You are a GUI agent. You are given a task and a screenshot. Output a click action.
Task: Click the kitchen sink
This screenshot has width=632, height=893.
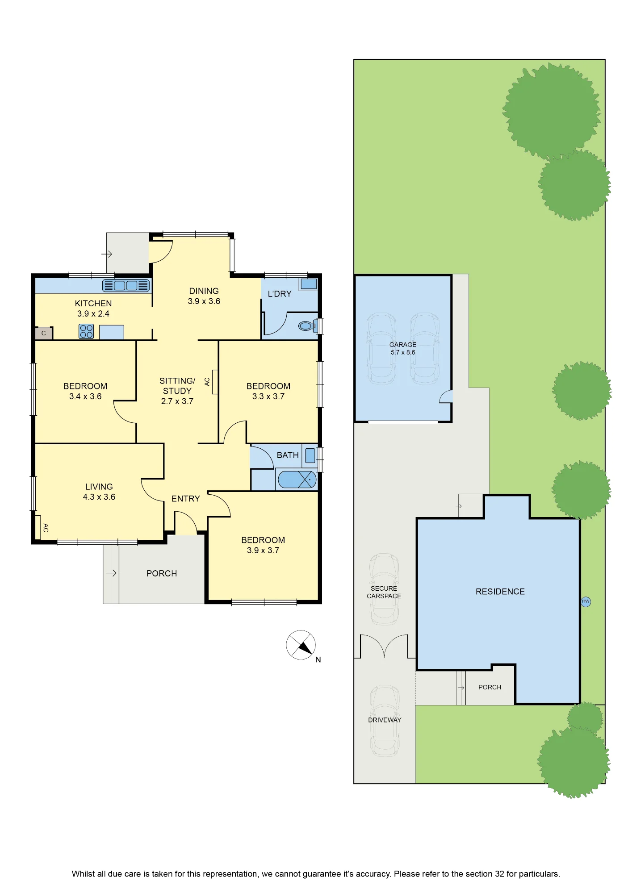[x=126, y=285]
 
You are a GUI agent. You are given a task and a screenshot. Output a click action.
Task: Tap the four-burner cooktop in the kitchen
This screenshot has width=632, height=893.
[x=87, y=331]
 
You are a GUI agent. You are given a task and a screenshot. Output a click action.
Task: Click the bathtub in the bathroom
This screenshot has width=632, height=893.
[x=297, y=480]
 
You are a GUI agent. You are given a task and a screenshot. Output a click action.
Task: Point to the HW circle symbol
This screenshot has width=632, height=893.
[x=586, y=601]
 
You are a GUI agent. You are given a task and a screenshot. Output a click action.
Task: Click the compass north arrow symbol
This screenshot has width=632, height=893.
[x=301, y=645]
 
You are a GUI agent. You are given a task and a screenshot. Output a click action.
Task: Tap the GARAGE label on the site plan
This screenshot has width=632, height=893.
[x=403, y=345]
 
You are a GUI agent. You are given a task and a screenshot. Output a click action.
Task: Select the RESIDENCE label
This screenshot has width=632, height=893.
[x=500, y=592]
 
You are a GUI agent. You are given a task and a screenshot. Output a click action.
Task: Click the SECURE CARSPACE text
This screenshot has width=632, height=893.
[x=384, y=592]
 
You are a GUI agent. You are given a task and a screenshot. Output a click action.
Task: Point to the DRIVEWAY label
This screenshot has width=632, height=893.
[x=385, y=720]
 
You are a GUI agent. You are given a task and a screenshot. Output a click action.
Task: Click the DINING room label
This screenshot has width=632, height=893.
[x=204, y=291]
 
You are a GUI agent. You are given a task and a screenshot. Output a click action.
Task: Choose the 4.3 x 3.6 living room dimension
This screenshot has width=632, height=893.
[x=99, y=497]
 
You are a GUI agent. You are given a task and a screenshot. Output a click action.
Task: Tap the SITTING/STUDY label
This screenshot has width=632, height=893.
[x=177, y=386]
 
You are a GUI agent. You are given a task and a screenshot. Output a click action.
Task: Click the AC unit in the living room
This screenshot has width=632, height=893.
[x=38, y=527]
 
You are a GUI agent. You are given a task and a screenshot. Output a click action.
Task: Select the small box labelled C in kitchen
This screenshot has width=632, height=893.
[x=44, y=333]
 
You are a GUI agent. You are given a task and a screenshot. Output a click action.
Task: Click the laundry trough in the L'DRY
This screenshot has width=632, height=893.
[x=309, y=284]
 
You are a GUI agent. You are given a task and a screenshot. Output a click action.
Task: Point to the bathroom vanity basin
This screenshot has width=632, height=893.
[x=310, y=455]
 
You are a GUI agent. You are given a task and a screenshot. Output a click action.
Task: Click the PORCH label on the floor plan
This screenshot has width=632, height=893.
[x=162, y=573]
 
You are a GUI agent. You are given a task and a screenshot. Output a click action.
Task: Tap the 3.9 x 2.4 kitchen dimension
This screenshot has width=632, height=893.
[x=93, y=314]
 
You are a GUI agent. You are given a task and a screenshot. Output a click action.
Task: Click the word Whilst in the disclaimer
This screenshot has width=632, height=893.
[x=83, y=874]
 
